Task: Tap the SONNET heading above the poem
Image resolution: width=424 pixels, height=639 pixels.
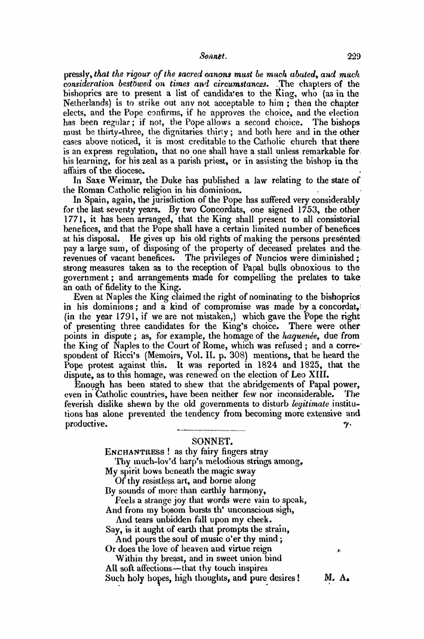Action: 211,441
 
